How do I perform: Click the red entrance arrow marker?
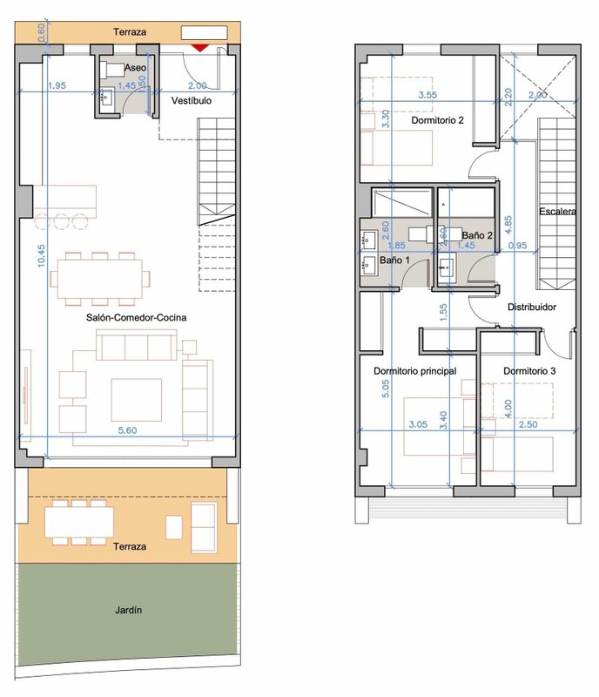200,48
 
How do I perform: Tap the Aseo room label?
135,68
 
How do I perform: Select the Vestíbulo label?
192,100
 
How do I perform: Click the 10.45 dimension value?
41,255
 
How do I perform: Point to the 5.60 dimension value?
127,430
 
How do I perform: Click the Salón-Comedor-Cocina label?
136,317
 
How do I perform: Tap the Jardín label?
129,610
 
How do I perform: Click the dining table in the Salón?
100,279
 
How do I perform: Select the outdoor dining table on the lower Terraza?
79,522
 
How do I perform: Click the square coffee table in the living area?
137,400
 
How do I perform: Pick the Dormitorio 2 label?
437,120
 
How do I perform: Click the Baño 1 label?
394,260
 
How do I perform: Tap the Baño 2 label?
477,235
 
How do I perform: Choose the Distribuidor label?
532,307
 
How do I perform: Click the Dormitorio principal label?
415,371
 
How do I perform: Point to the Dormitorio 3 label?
529,371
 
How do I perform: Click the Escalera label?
558,211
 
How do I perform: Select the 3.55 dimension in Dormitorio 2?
427,95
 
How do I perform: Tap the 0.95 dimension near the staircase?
518,246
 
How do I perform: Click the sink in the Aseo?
106,97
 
